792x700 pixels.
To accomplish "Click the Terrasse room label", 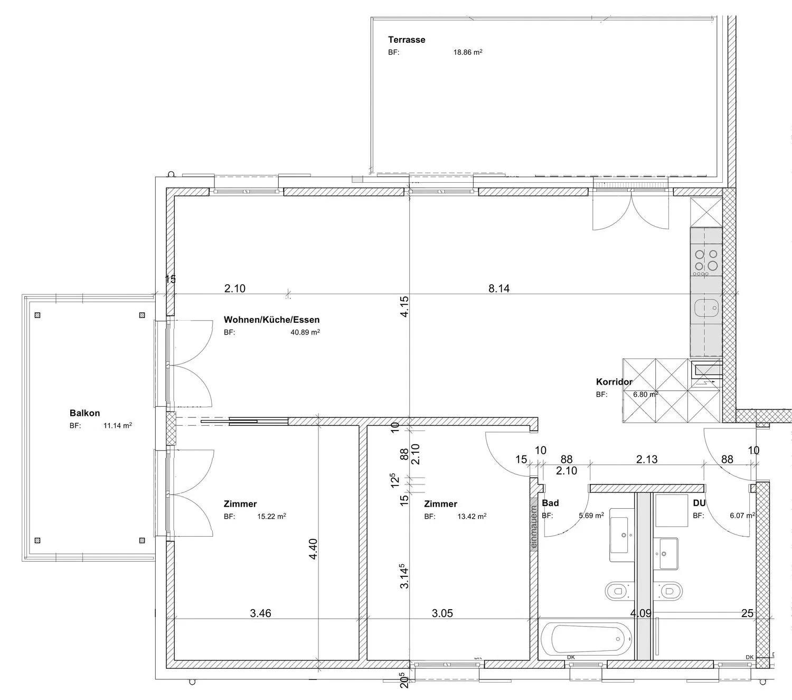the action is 406,40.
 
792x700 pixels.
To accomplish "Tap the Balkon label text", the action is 84,413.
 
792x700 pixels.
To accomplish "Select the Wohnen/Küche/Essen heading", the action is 271,319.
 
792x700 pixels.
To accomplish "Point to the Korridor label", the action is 614,381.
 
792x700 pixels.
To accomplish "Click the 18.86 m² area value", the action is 467,52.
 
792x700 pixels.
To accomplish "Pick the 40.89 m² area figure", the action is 305,332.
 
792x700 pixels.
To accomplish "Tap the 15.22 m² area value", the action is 271,516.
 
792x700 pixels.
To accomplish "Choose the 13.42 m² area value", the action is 472,516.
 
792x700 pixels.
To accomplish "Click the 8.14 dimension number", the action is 499,288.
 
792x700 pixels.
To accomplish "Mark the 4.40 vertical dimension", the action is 313,549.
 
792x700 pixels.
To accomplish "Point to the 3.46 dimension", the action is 260,613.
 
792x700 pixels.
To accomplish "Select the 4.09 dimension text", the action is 640,613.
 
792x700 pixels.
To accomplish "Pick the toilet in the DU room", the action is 668,591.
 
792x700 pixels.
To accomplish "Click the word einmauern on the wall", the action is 534,527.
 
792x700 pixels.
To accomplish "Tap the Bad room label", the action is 550,503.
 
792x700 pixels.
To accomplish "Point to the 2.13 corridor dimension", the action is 647,459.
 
